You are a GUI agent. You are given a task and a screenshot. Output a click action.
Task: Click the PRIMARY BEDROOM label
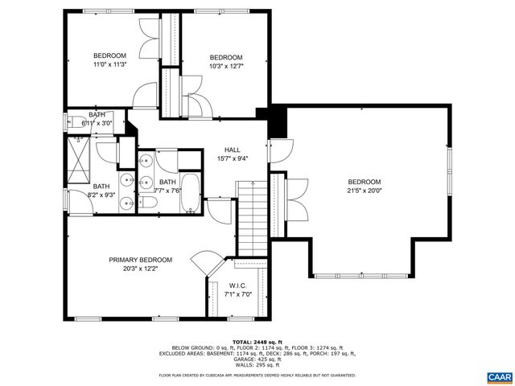pos(141,260)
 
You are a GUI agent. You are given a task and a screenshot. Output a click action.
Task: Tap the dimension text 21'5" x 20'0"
pos(364,191)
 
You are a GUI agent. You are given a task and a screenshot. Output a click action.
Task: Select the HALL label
pos(233,150)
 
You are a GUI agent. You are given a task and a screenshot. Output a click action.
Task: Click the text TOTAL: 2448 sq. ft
pos(257,342)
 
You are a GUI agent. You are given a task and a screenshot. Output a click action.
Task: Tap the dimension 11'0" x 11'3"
pos(109,65)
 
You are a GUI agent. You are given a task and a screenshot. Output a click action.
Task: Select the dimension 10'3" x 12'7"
pos(226,67)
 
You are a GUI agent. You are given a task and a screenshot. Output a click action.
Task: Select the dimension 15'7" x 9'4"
pos(233,158)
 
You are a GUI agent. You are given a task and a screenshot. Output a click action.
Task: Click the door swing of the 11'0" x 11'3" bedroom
pos(146,96)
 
